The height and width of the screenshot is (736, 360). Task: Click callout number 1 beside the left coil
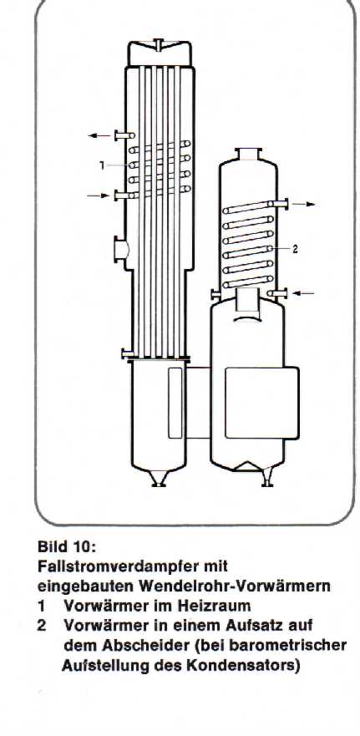point(102,165)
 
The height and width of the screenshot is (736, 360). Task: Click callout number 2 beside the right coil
point(295,250)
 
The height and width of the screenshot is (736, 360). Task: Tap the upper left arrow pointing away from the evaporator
point(99,135)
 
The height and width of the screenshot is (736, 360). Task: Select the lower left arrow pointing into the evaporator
point(98,195)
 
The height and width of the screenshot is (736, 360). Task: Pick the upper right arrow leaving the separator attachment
point(304,204)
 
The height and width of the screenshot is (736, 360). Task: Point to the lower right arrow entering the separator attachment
point(303,293)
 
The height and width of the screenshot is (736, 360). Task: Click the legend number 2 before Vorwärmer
point(42,626)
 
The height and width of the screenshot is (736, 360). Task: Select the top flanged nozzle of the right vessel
point(248,155)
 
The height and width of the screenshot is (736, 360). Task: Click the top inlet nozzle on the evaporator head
point(159,44)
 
